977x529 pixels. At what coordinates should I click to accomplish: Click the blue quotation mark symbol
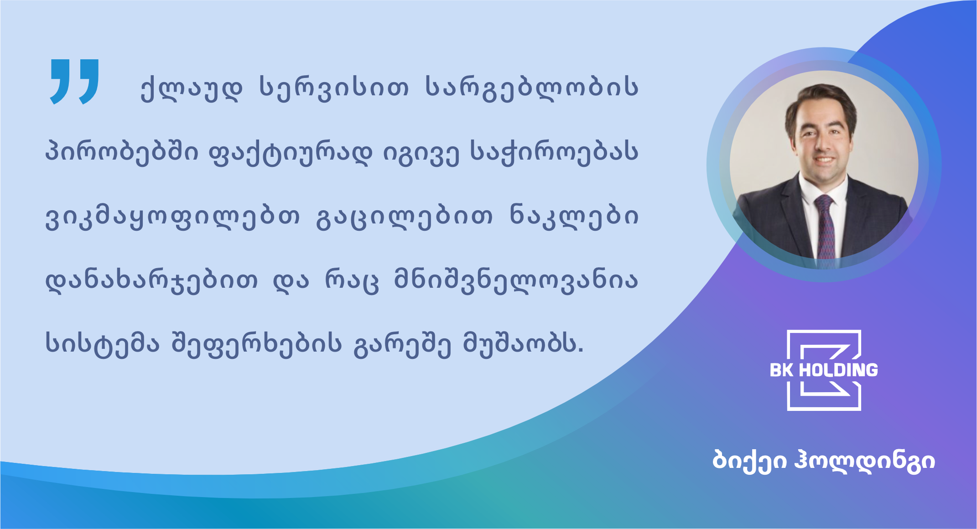pos(74,82)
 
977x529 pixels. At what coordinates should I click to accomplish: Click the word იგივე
pos(421,153)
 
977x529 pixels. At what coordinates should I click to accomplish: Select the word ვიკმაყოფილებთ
pos(172,216)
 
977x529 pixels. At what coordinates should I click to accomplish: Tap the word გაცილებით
pos(404,216)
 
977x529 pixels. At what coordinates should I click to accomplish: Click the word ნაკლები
pos(574,216)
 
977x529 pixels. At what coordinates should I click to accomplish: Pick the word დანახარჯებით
pos(151,280)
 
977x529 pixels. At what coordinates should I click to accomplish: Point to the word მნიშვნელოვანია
pos(516,280)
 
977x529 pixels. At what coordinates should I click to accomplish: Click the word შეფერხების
pos(256,344)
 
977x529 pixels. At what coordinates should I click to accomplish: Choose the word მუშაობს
pos(523,344)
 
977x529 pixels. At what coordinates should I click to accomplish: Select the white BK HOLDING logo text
pos(824,370)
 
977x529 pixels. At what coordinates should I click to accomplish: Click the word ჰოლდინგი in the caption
pos(864,461)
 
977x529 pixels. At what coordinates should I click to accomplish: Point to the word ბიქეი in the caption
pos(749,461)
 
